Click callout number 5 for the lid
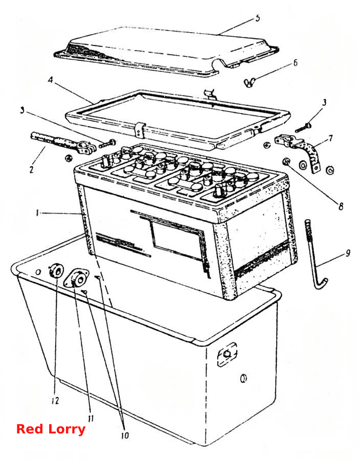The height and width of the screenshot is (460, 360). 257,18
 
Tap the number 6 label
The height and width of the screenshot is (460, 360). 295,63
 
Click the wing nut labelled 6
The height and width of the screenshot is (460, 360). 250,82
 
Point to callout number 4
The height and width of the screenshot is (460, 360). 51,80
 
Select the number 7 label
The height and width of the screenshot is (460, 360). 331,138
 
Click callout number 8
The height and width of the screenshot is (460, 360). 341,206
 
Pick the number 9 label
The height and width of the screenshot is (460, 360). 348,253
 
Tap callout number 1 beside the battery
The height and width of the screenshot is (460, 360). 37,213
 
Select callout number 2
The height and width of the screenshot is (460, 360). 31,170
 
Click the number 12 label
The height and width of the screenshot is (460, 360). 55,400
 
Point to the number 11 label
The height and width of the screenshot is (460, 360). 91,418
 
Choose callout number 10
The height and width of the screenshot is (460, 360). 125,435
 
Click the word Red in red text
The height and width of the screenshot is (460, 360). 29,429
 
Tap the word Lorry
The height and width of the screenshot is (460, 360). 66,430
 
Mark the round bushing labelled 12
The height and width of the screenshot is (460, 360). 56,271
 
